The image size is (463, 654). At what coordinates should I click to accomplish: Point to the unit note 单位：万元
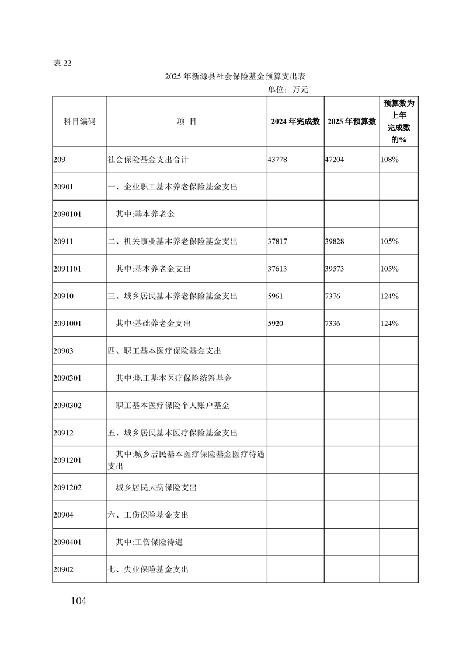click(x=288, y=89)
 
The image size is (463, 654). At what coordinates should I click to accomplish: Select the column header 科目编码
click(x=79, y=121)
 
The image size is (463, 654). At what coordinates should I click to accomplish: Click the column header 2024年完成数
click(x=295, y=121)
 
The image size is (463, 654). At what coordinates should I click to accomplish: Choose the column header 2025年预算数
click(x=351, y=121)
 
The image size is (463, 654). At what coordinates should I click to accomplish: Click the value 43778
click(x=278, y=159)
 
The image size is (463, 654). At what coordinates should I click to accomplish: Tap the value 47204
click(x=335, y=159)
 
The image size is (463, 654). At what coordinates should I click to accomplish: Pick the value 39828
click(x=335, y=241)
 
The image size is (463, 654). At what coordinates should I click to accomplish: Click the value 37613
click(x=278, y=269)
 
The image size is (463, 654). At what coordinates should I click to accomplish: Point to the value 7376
click(x=332, y=296)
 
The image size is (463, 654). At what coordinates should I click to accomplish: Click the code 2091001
click(x=67, y=324)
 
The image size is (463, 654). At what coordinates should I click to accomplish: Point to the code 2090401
click(x=67, y=542)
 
